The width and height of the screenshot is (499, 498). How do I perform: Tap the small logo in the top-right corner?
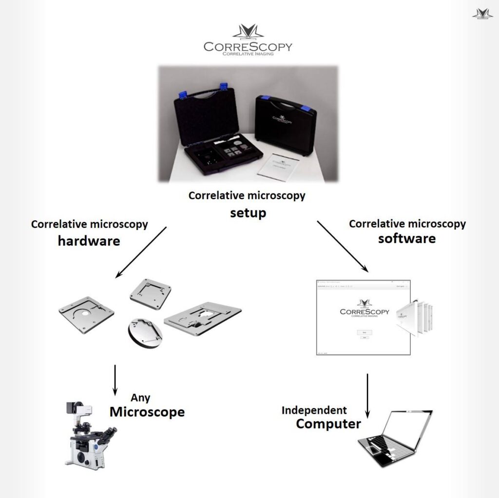click(482, 14)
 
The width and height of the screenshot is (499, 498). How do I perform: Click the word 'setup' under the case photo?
click(248, 213)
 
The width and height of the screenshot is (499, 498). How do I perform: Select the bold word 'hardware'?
click(89, 240)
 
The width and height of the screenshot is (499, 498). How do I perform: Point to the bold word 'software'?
click(407, 239)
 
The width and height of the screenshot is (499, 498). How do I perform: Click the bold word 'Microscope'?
click(147, 412)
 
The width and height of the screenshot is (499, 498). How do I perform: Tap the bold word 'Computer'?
click(328, 423)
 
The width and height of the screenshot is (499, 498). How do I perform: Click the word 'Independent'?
click(314, 410)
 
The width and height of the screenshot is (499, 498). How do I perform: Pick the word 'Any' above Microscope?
click(140, 398)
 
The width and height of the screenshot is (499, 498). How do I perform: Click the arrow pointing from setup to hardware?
click(141, 252)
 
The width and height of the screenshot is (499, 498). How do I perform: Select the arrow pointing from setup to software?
click(343, 246)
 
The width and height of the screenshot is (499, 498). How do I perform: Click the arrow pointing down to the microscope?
click(115, 380)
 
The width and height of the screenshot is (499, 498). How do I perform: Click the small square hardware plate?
click(150, 294)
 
